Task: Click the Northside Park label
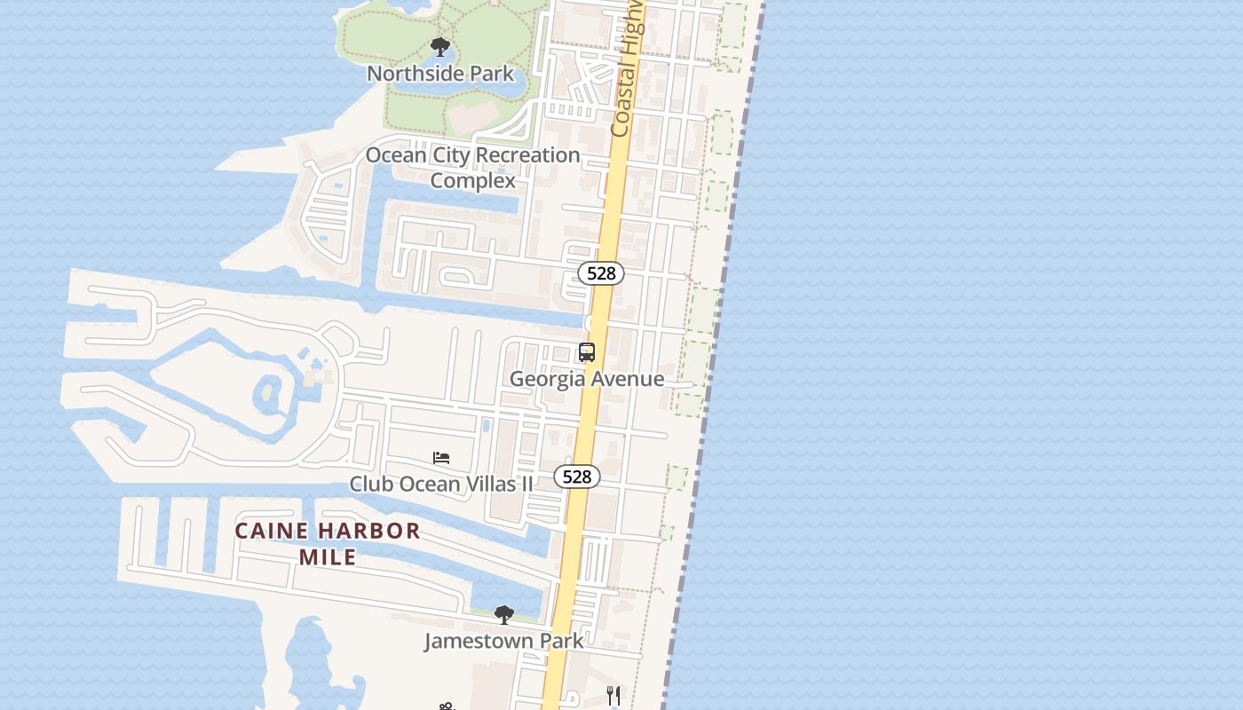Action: click(440, 73)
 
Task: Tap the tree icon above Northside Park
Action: click(439, 47)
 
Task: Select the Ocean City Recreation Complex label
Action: click(473, 168)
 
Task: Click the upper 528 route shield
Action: click(601, 273)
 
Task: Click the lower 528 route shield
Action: click(577, 477)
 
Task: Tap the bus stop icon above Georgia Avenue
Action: click(587, 352)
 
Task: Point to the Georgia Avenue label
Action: click(587, 379)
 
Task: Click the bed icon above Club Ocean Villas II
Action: click(441, 458)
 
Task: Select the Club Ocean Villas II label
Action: click(441, 484)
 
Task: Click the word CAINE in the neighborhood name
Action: click(272, 532)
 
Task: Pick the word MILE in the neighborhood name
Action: click(328, 557)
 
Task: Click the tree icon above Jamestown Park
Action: click(504, 614)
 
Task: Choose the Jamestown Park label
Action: click(503, 641)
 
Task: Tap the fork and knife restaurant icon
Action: click(614, 695)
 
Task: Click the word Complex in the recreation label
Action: click(473, 180)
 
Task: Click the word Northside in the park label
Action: click(411, 73)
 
